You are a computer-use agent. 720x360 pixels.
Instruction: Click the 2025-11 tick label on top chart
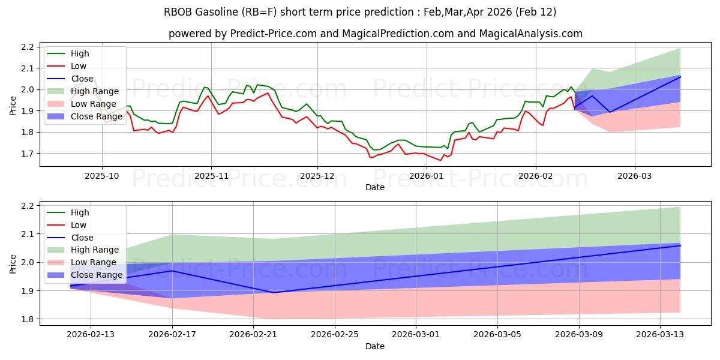(211, 176)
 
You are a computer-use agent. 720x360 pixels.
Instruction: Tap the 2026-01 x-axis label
(427, 176)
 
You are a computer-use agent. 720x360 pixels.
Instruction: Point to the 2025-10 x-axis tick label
(102, 176)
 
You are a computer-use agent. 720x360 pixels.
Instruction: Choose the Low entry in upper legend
(79, 66)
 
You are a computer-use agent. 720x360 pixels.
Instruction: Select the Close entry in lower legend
(82, 238)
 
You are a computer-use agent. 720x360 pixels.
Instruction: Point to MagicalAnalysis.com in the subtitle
(530, 34)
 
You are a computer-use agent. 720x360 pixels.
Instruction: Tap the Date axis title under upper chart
(375, 187)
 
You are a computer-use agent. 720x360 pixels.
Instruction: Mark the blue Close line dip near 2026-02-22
(274, 292)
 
